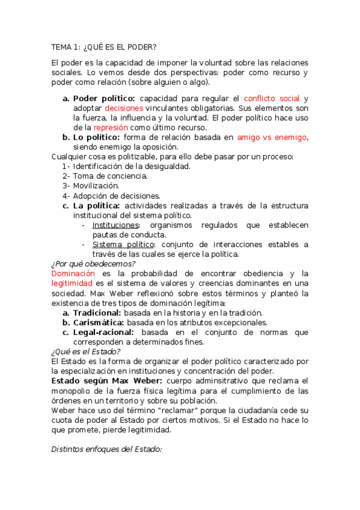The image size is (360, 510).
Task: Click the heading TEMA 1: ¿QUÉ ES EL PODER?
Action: (103, 47)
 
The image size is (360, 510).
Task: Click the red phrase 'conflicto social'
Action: (272, 98)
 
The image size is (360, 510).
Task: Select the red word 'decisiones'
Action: (124, 108)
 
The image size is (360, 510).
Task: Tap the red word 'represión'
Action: (111, 127)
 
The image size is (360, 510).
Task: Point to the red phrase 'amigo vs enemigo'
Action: (272, 137)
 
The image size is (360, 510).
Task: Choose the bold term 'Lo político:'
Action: (96, 137)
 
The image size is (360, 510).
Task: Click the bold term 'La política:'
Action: (97, 206)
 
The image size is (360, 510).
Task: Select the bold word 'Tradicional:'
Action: (97, 313)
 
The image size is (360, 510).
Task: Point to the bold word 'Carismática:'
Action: (98, 322)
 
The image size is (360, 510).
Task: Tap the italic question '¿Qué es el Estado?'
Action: (86, 351)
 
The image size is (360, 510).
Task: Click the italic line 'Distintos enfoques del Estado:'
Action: (106, 449)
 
